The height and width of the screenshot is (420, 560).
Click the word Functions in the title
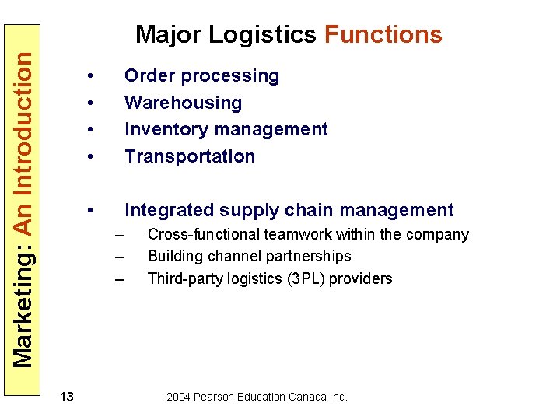(x=383, y=35)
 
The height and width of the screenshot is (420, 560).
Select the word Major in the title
(x=170, y=36)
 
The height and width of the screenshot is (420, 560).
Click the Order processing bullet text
(x=201, y=76)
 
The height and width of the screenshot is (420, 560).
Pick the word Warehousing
(x=183, y=103)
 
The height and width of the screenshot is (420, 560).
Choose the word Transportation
(x=190, y=156)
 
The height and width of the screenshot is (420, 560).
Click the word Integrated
(x=169, y=211)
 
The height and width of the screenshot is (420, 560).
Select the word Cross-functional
(x=204, y=235)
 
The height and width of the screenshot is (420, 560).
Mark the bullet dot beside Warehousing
(x=91, y=103)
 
